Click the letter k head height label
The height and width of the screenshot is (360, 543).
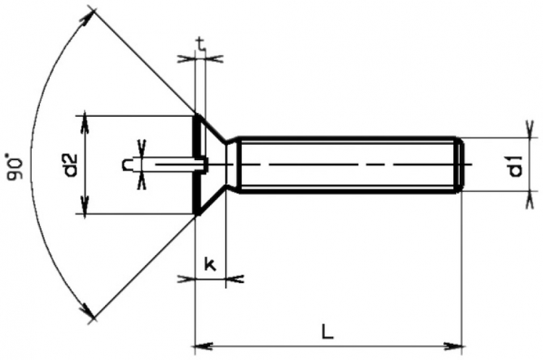pos(210,265)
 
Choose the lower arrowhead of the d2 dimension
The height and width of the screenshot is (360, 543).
pos(85,209)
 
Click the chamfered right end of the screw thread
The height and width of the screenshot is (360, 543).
pos(458,165)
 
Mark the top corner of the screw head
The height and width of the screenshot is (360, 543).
pos(197,114)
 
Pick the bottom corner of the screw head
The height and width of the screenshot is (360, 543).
pos(197,214)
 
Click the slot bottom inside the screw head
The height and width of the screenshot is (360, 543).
pos(206,165)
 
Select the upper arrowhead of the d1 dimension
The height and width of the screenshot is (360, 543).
pos(531,132)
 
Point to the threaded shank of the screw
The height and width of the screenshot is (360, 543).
pos(348,165)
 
